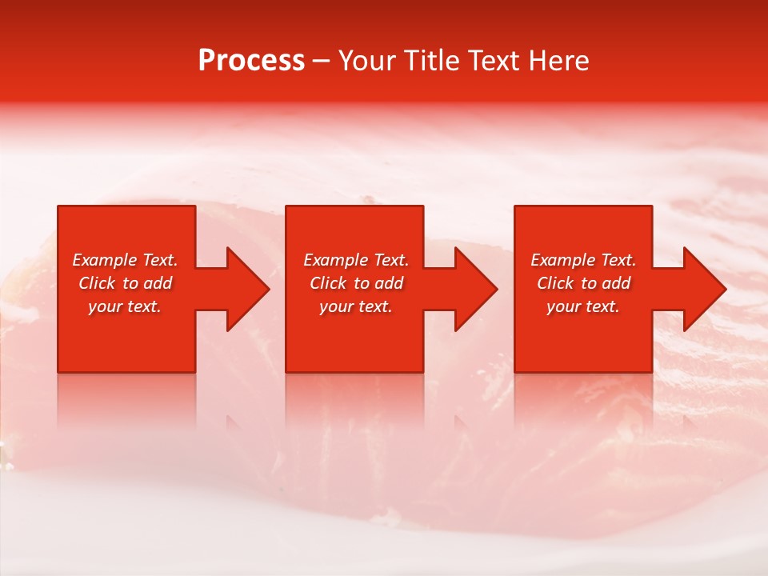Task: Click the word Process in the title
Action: (251, 61)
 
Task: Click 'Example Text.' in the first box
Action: (125, 260)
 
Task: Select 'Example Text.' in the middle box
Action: (356, 260)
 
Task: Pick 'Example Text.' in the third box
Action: (583, 260)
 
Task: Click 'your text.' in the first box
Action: (125, 306)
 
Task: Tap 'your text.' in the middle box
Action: (356, 306)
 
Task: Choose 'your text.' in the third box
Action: (583, 306)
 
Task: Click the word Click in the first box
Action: (97, 283)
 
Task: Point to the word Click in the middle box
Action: (328, 283)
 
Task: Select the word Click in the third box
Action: (555, 283)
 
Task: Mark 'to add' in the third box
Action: (610, 283)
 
